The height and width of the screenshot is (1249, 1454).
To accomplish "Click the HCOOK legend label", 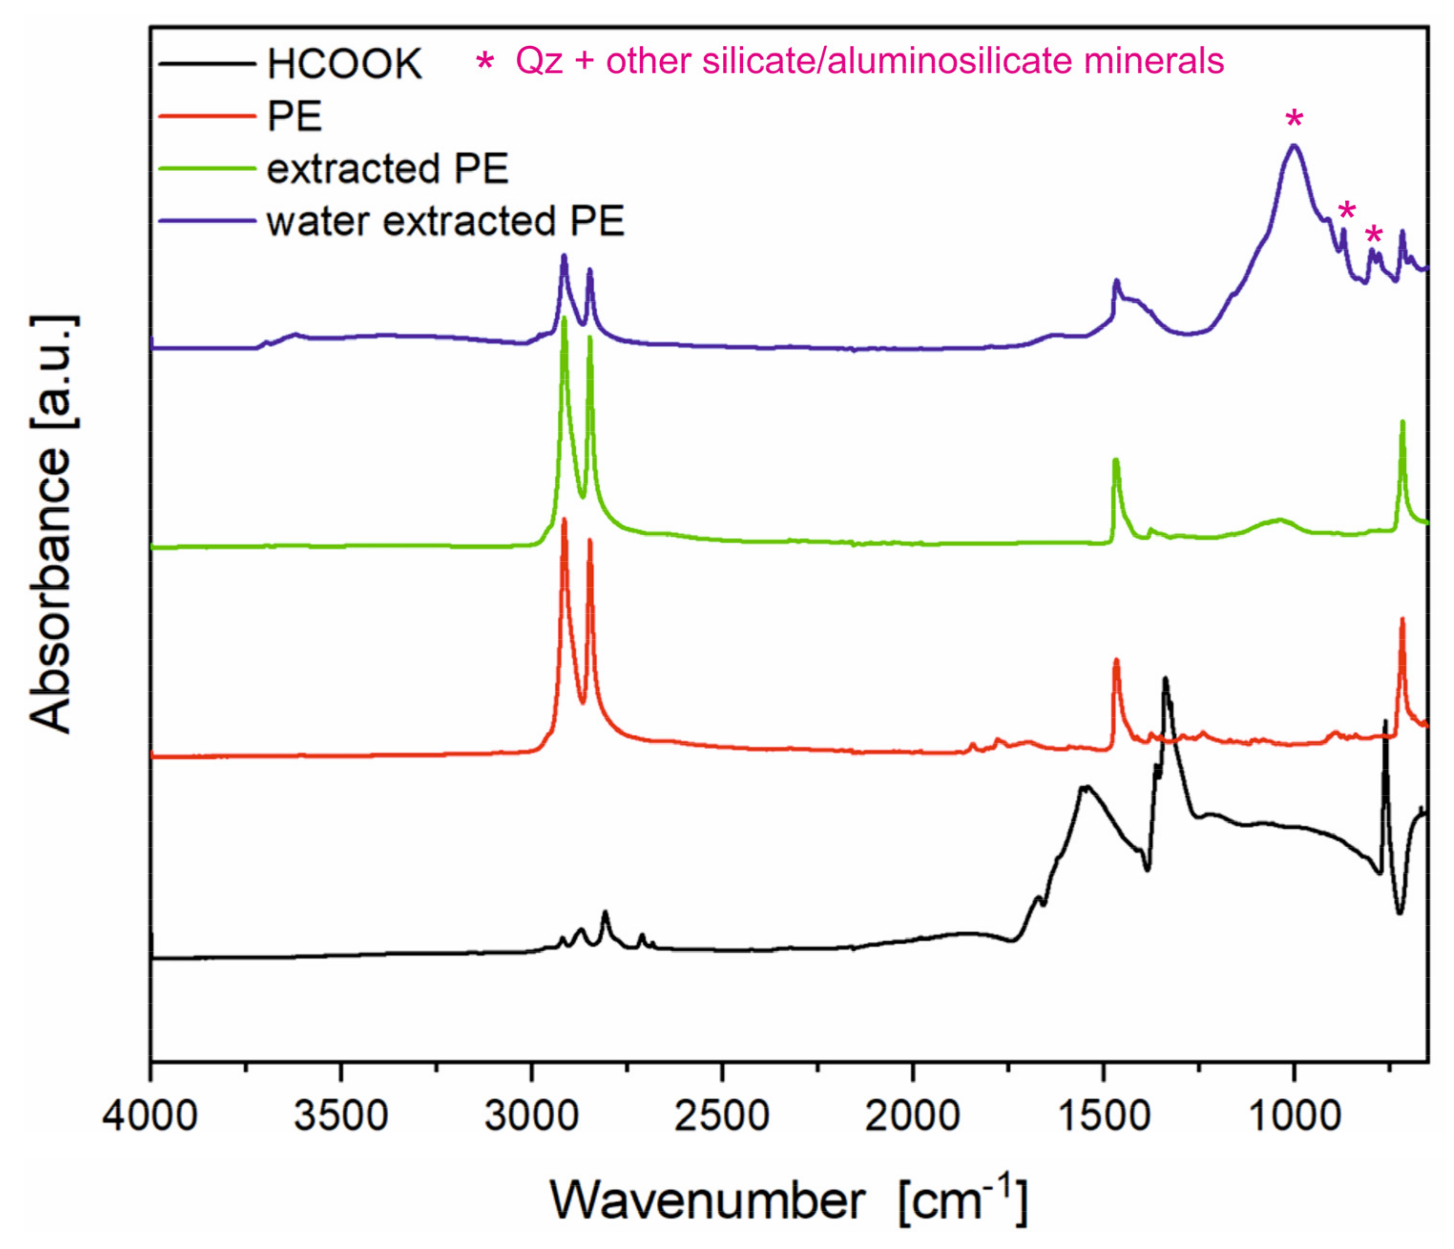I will coord(344,64).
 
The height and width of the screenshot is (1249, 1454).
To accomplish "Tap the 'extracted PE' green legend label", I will coord(387,169).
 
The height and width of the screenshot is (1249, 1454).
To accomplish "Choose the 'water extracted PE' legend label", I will coord(445,222).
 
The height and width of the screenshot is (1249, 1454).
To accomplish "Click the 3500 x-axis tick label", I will coord(341,1116).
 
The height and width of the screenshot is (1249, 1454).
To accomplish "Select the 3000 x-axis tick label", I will coord(531,1116).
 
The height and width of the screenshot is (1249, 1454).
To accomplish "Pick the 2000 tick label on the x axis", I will coord(912,1116).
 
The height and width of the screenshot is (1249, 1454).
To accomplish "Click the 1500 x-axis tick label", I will coord(1103,1116).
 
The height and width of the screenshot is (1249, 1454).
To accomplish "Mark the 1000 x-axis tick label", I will coord(1293,1116).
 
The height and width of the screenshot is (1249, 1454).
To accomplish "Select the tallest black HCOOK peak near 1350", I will coord(1165,679).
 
